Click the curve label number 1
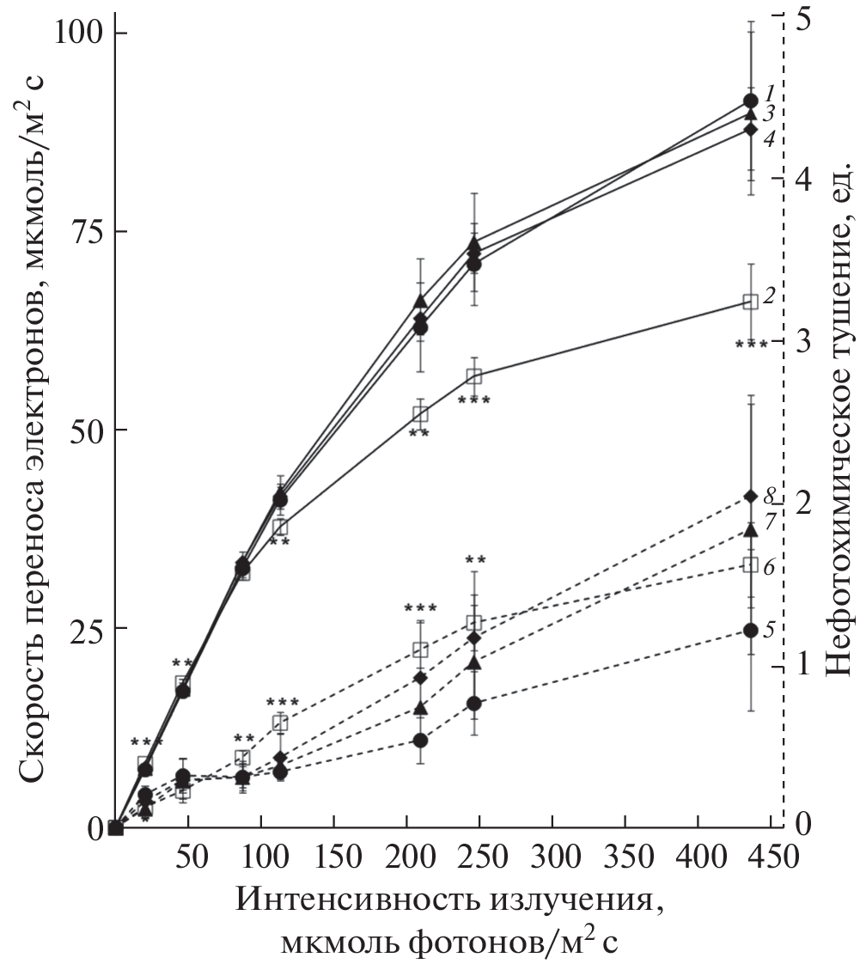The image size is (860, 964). click(x=771, y=91)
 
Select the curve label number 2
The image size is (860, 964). click(x=770, y=296)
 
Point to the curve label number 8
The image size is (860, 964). click(x=771, y=494)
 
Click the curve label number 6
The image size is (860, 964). click(x=771, y=566)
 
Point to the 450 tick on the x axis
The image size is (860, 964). click(x=772, y=859)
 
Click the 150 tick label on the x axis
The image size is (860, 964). click(x=333, y=859)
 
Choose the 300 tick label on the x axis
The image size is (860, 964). click(x=552, y=859)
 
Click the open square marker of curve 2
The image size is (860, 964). click(x=750, y=302)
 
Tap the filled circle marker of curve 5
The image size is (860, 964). click(x=750, y=630)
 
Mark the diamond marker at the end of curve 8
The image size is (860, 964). click(x=750, y=496)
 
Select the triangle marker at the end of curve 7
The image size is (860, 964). click(x=750, y=529)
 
